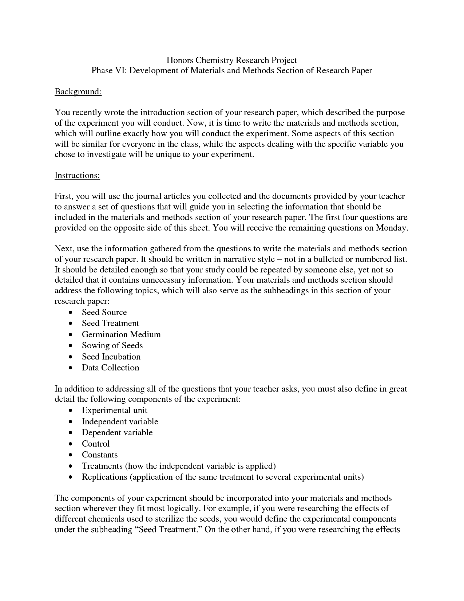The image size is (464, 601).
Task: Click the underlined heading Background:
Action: tap(78, 91)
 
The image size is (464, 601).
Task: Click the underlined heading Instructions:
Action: tap(77, 175)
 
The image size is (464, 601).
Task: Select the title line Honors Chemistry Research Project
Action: tap(232, 60)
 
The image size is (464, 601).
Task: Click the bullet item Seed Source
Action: tap(104, 312)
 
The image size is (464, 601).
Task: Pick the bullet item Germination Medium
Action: tap(121, 334)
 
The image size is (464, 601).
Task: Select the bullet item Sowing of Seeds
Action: tap(112, 345)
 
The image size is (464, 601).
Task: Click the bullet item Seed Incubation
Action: tap(111, 357)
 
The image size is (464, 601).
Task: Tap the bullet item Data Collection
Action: tap(110, 368)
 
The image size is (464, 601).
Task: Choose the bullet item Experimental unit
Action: tap(114, 410)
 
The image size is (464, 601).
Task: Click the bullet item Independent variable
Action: tap(120, 421)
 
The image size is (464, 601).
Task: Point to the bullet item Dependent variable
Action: tap(117, 432)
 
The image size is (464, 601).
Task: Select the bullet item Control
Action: tap(95, 444)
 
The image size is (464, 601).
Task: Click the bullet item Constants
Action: tap(100, 455)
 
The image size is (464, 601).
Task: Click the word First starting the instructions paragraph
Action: tap(64, 196)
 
